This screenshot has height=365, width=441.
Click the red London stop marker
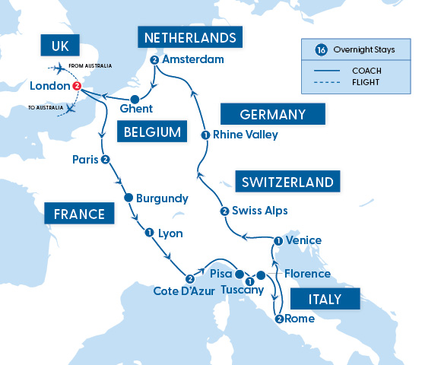(x=76, y=87)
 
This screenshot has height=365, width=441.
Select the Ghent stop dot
(x=135, y=99)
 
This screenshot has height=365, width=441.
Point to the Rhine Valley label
(x=246, y=135)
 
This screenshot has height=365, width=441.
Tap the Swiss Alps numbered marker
(x=224, y=211)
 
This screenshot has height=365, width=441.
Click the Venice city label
(x=303, y=240)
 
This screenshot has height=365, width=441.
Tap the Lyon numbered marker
(x=149, y=233)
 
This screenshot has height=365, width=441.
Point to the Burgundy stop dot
(x=128, y=198)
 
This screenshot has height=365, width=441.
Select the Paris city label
(x=86, y=160)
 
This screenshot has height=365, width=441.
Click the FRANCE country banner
(x=79, y=214)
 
